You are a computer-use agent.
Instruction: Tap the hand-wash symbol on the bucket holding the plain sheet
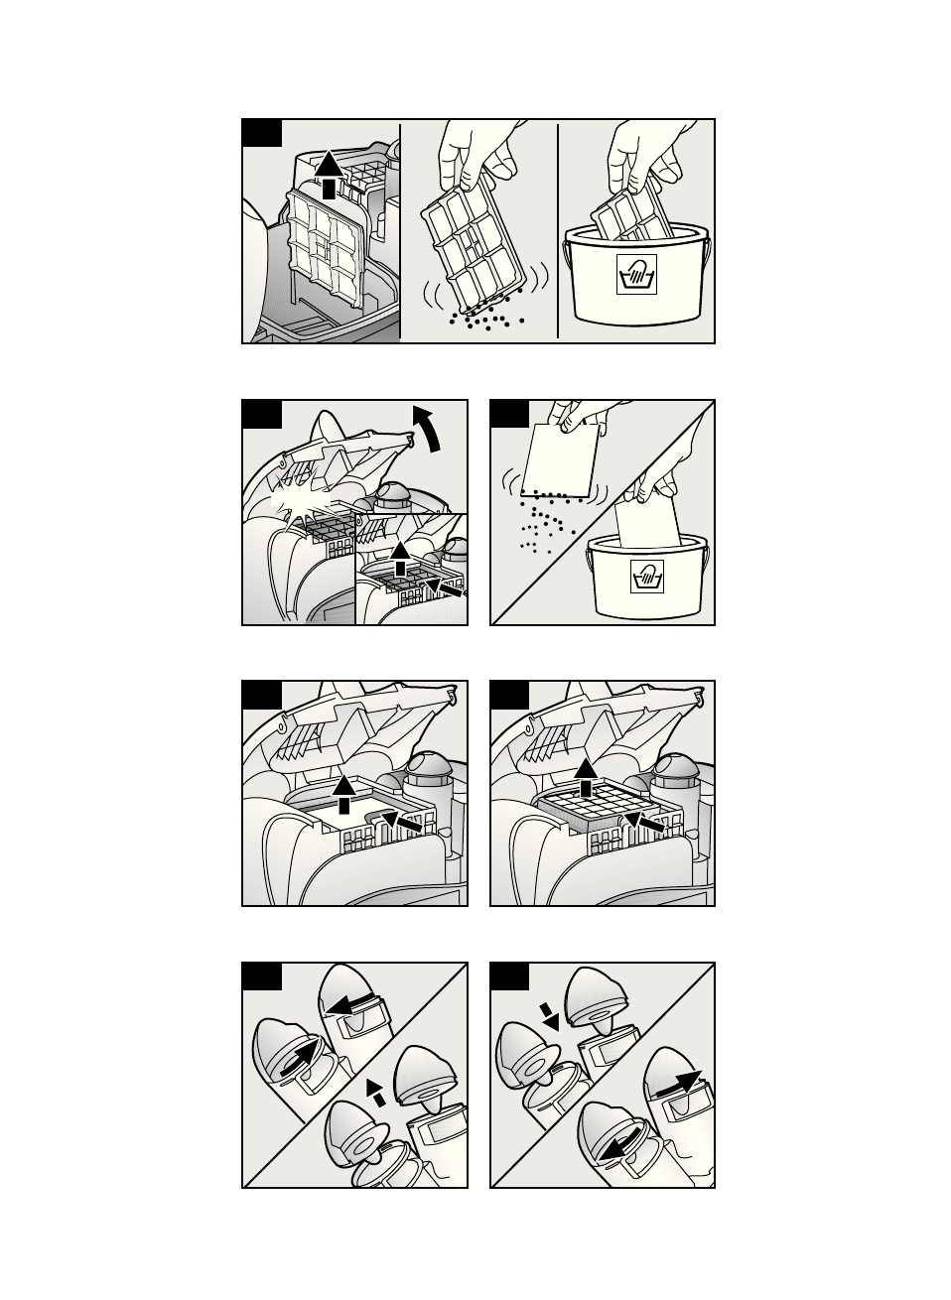(x=645, y=578)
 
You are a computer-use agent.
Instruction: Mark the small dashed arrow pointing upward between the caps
(x=375, y=1092)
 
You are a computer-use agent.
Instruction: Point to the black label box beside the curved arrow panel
(x=262, y=414)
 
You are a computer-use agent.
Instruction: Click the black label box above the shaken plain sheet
(x=510, y=414)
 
